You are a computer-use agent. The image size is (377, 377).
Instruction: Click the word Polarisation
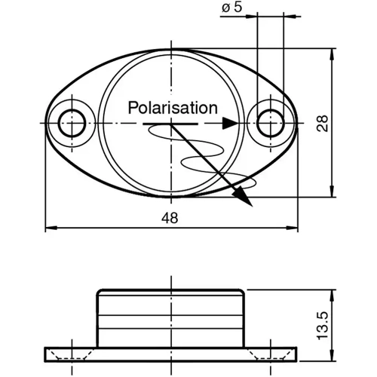point(173,107)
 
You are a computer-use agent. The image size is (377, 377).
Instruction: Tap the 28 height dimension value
point(323,124)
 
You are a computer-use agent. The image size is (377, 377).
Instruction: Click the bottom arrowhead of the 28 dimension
point(333,192)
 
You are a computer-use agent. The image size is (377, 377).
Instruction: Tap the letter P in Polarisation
point(133,107)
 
